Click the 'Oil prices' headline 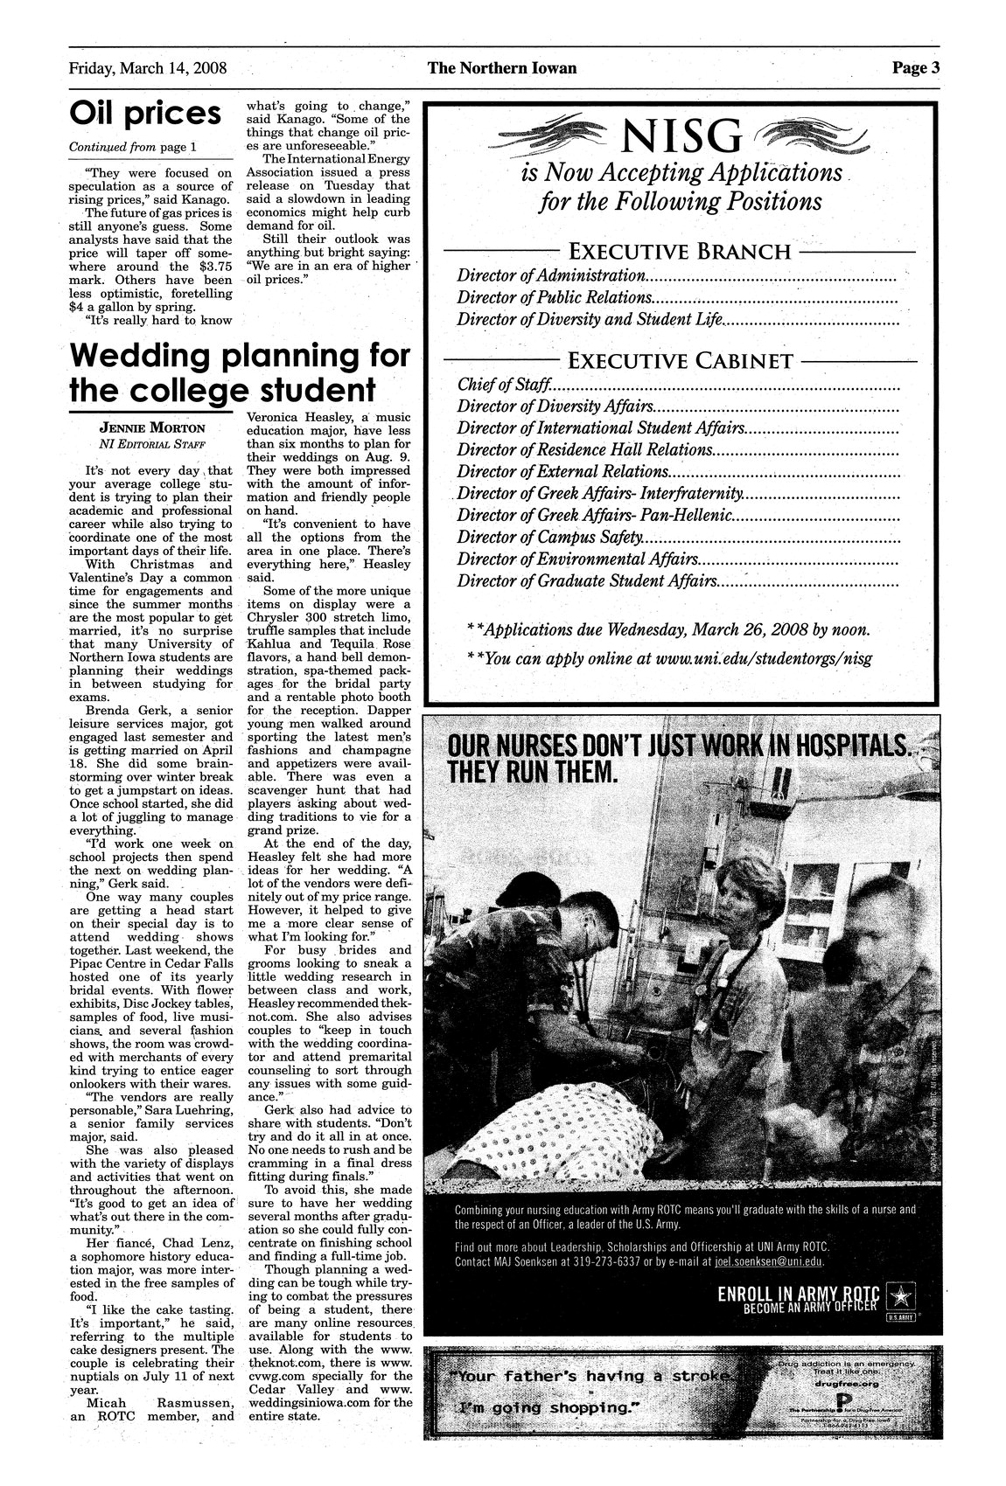coord(145,114)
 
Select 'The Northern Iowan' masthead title coord(502,68)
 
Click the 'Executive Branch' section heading coord(680,253)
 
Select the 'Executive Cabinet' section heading coord(681,361)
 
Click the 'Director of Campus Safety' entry coord(550,538)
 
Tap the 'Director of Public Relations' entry coord(553,297)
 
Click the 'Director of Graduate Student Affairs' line coord(586,581)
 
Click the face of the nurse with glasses coord(743,892)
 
